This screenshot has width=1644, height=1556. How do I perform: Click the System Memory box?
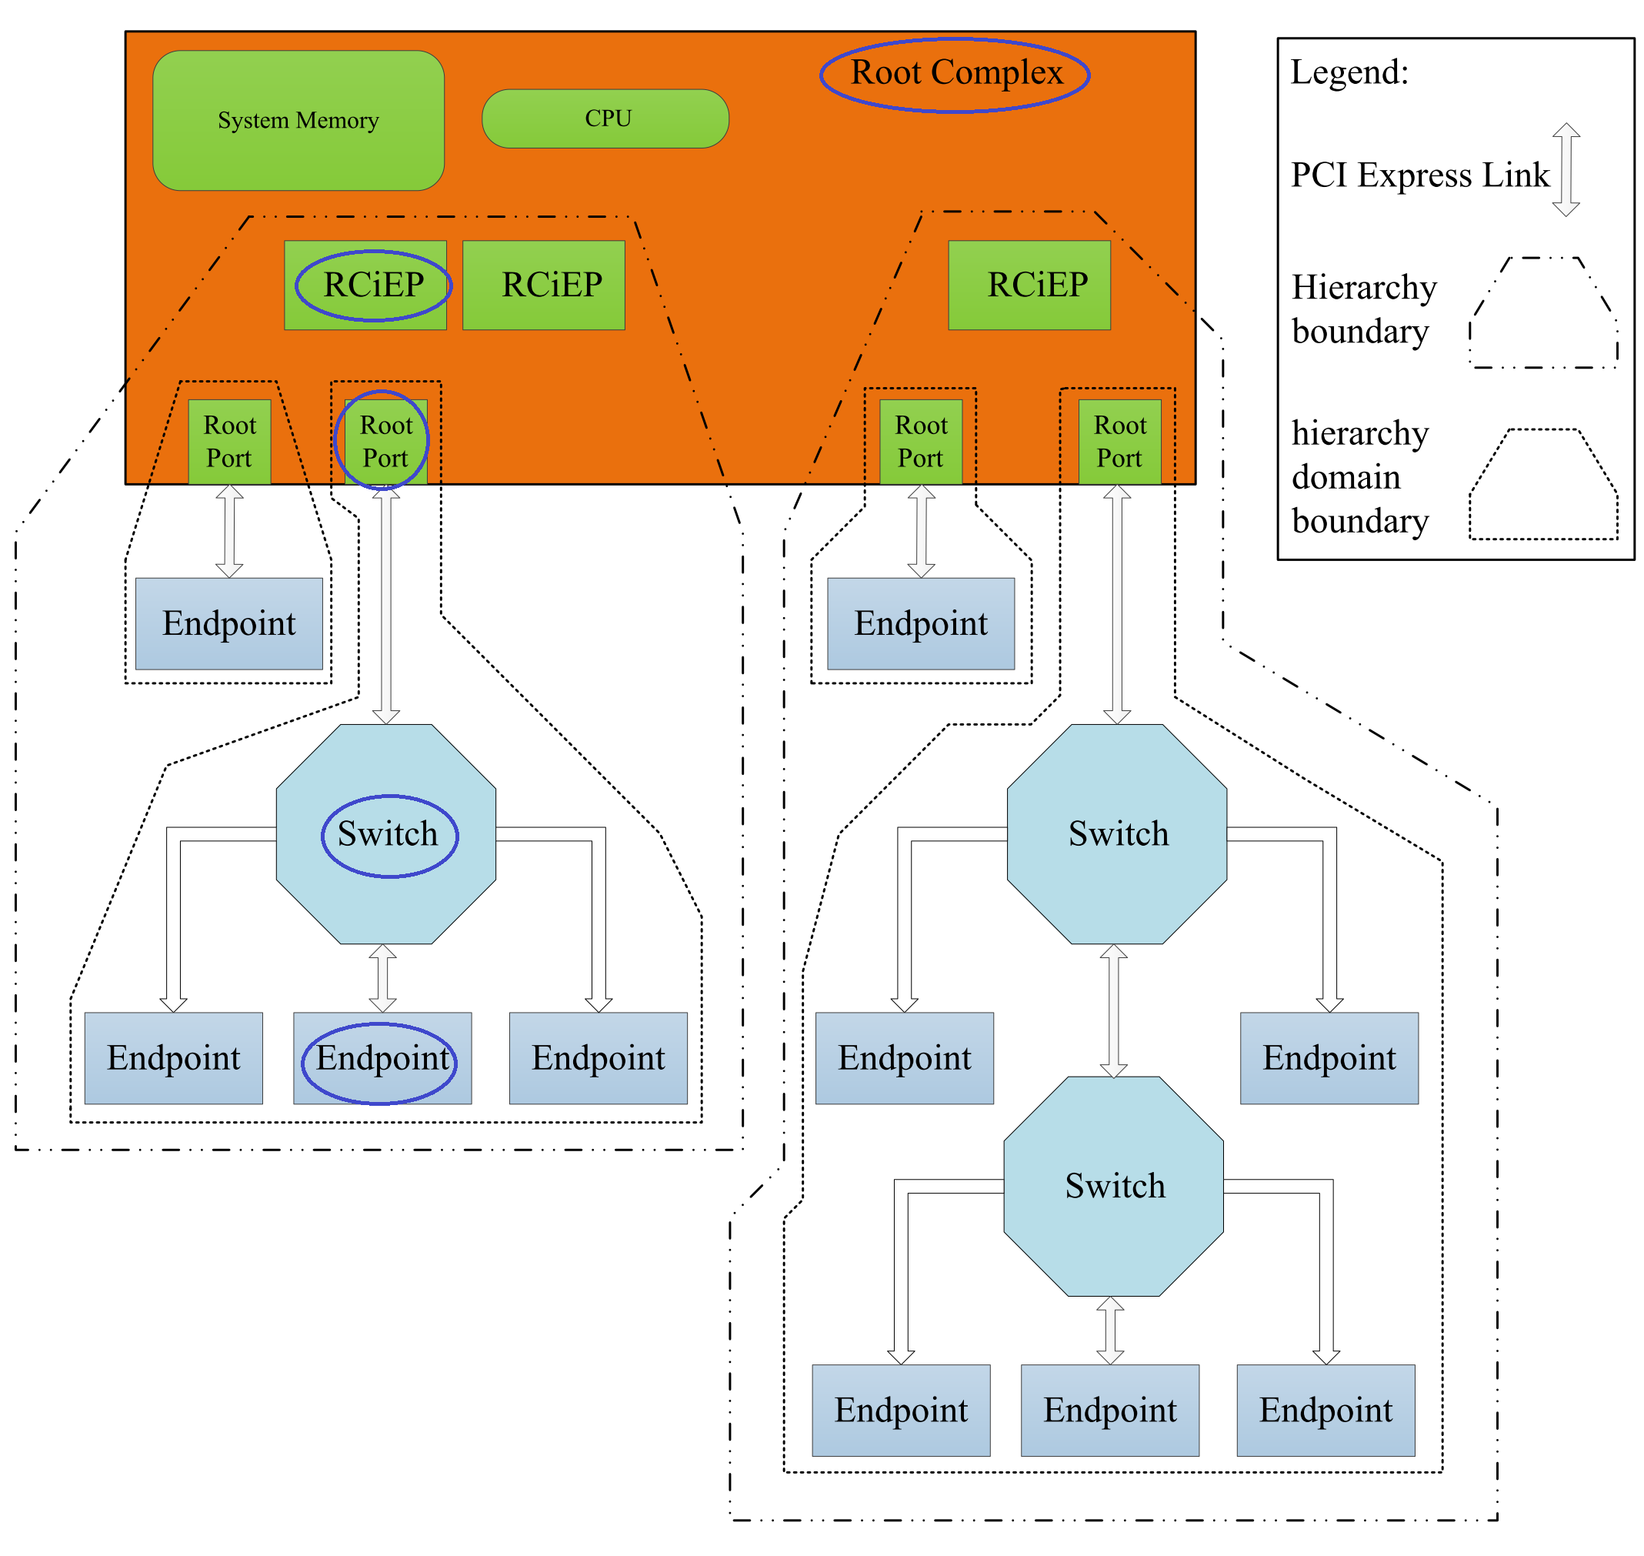298,120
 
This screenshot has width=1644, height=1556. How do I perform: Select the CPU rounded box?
605,119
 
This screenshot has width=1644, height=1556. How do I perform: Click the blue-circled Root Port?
385,441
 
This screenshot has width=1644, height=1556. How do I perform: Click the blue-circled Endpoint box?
382,1057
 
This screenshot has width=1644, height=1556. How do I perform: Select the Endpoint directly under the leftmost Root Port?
228,624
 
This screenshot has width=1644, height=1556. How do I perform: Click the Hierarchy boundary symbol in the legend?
1543,312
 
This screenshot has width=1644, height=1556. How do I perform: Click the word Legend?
1349,73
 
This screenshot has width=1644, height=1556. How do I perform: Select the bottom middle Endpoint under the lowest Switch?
1109,1410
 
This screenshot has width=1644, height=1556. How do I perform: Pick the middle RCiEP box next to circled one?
543,285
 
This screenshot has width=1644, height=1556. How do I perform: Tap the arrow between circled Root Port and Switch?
385,606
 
